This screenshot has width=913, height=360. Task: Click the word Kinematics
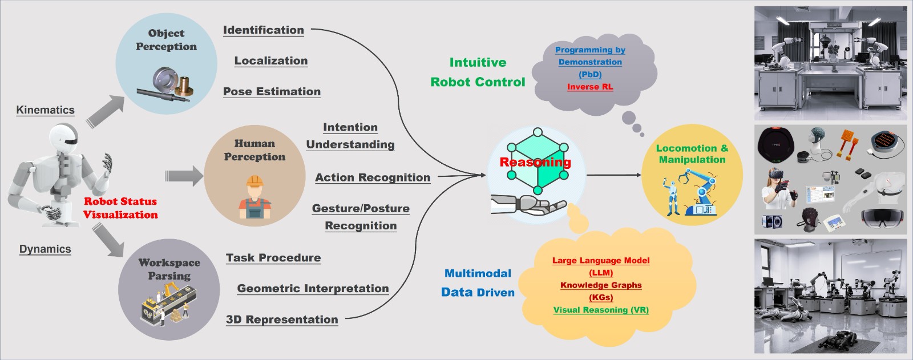point(45,110)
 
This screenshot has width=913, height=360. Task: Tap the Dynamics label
point(45,249)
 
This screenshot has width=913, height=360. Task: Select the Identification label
point(263,30)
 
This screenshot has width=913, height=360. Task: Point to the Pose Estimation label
point(272,92)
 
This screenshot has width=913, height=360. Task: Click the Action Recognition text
point(373,178)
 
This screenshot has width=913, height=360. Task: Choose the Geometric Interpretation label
point(313,289)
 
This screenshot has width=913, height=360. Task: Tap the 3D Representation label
point(282,319)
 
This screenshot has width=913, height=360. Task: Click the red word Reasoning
point(535,162)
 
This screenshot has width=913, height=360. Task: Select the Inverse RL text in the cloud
point(590,87)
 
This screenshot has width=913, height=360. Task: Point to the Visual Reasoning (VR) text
point(601,310)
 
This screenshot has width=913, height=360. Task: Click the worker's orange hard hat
point(254,181)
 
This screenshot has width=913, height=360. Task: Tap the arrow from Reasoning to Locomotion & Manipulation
point(614,175)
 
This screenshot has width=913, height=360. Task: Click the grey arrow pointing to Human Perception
point(184,176)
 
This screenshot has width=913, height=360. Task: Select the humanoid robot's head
point(64,139)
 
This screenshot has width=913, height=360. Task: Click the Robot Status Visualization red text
point(120,208)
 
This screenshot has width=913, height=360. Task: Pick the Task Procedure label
point(273,258)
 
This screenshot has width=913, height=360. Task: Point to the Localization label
point(271,60)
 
